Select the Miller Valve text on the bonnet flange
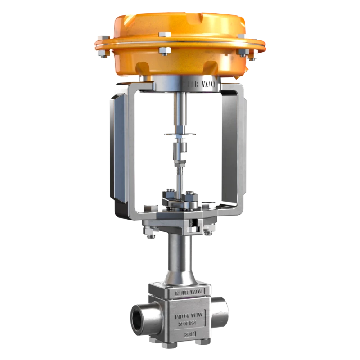[x=189, y=293]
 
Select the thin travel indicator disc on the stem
[x=180, y=134]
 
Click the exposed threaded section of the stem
[x=180, y=171]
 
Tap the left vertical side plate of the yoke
[x=118, y=148]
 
